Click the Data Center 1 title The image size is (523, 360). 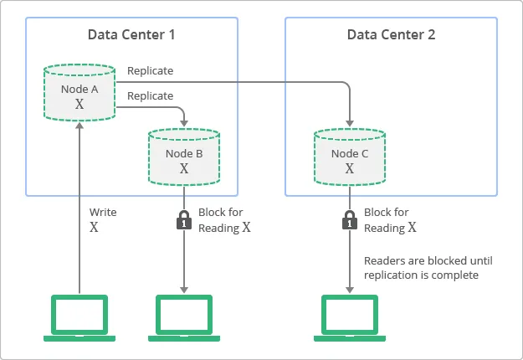click(x=131, y=35)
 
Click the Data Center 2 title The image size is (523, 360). click(x=391, y=35)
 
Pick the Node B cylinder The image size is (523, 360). click(x=184, y=157)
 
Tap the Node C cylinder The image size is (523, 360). click(x=350, y=156)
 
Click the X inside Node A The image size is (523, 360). click(x=79, y=105)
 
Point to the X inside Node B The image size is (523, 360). click(x=184, y=169)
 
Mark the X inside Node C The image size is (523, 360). click(x=350, y=168)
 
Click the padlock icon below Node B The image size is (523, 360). click(x=183, y=220)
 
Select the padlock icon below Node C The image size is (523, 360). click(x=350, y=220)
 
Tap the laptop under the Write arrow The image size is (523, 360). click(x=79, y=317)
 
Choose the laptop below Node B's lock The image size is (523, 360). click(x=183, y=317)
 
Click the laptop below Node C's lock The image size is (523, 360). click(x=350, y=317)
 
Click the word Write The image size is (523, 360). click(x=103, y=213)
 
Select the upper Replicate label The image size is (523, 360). click(x=151, y=71)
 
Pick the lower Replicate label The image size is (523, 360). click(x=151, y=96)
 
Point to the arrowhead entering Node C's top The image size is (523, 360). click(x=350, y=123)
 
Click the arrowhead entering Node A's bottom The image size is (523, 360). click(x=79, y=125)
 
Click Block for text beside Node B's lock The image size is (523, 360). click(x=220, y=213)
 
